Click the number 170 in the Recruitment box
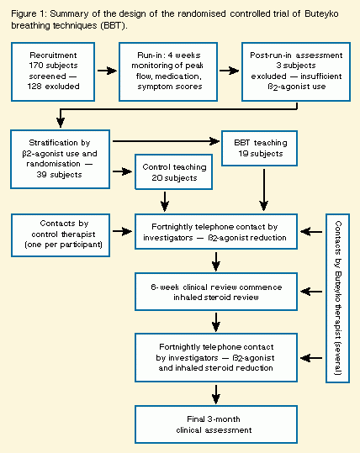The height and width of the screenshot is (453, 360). coord(36,66)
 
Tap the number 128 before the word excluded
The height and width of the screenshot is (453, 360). coord(34,87)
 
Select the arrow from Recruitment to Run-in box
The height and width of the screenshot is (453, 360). coord(107,71)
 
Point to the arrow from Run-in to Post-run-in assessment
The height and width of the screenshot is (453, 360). coord(230,71)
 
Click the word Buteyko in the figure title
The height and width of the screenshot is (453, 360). coord(321,13)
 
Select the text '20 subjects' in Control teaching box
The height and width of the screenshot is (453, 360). coord(174,178)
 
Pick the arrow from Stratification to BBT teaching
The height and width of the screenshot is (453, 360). coord(166,141)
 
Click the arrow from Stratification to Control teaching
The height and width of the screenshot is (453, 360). coord(122,171)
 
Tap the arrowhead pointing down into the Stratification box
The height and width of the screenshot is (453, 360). coord(61,123)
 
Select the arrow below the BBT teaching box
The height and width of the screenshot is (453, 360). coord(264,190)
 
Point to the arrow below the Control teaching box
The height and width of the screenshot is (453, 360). coord(165,202)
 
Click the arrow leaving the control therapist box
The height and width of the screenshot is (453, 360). coord(122,231)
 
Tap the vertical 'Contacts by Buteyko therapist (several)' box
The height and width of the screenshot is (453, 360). coord(338,298)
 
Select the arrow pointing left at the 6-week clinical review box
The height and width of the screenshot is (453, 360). coord(311,292)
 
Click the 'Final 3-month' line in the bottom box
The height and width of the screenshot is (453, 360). coord(214,419)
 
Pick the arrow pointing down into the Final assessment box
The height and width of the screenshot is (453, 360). coord(216,394)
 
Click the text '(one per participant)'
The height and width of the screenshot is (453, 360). coord(64,245)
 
